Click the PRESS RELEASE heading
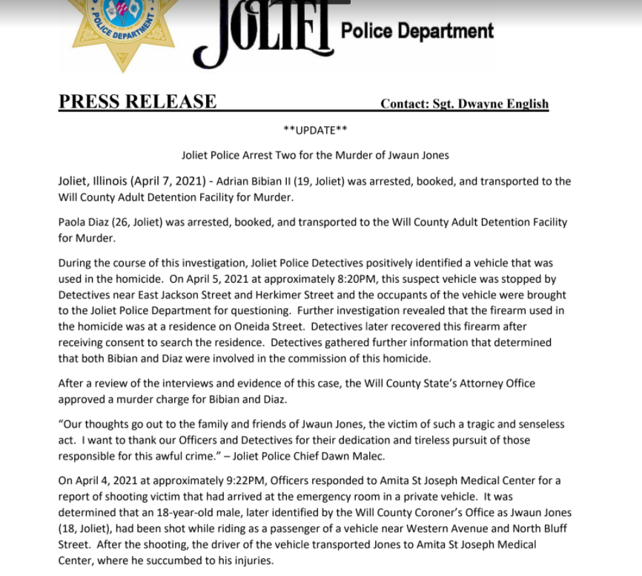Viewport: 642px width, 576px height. (x=137, y=102)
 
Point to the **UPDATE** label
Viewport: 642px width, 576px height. (x=315, y=131)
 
